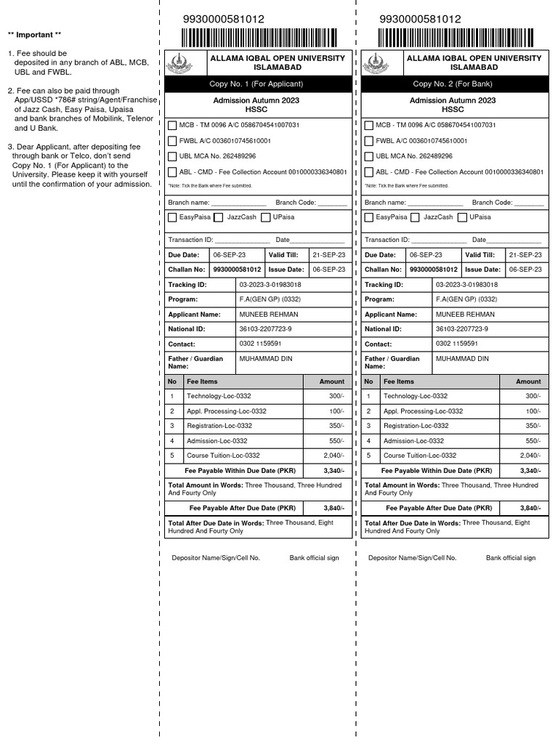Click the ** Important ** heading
pos(34,35)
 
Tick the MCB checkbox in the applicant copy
pos(172,125)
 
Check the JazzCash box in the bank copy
pos(415,217)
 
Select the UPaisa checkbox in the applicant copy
pos(266,217)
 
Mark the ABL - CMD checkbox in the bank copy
pos(369,172)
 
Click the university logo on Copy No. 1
pos(180,63)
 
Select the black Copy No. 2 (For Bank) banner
pos(453,84)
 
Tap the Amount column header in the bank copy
pos(528,381)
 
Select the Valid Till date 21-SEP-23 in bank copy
pos(525,255)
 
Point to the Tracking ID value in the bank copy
pos(466,285)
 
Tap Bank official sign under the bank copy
pos(511,558)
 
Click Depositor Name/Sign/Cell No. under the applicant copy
pos(216,558)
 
